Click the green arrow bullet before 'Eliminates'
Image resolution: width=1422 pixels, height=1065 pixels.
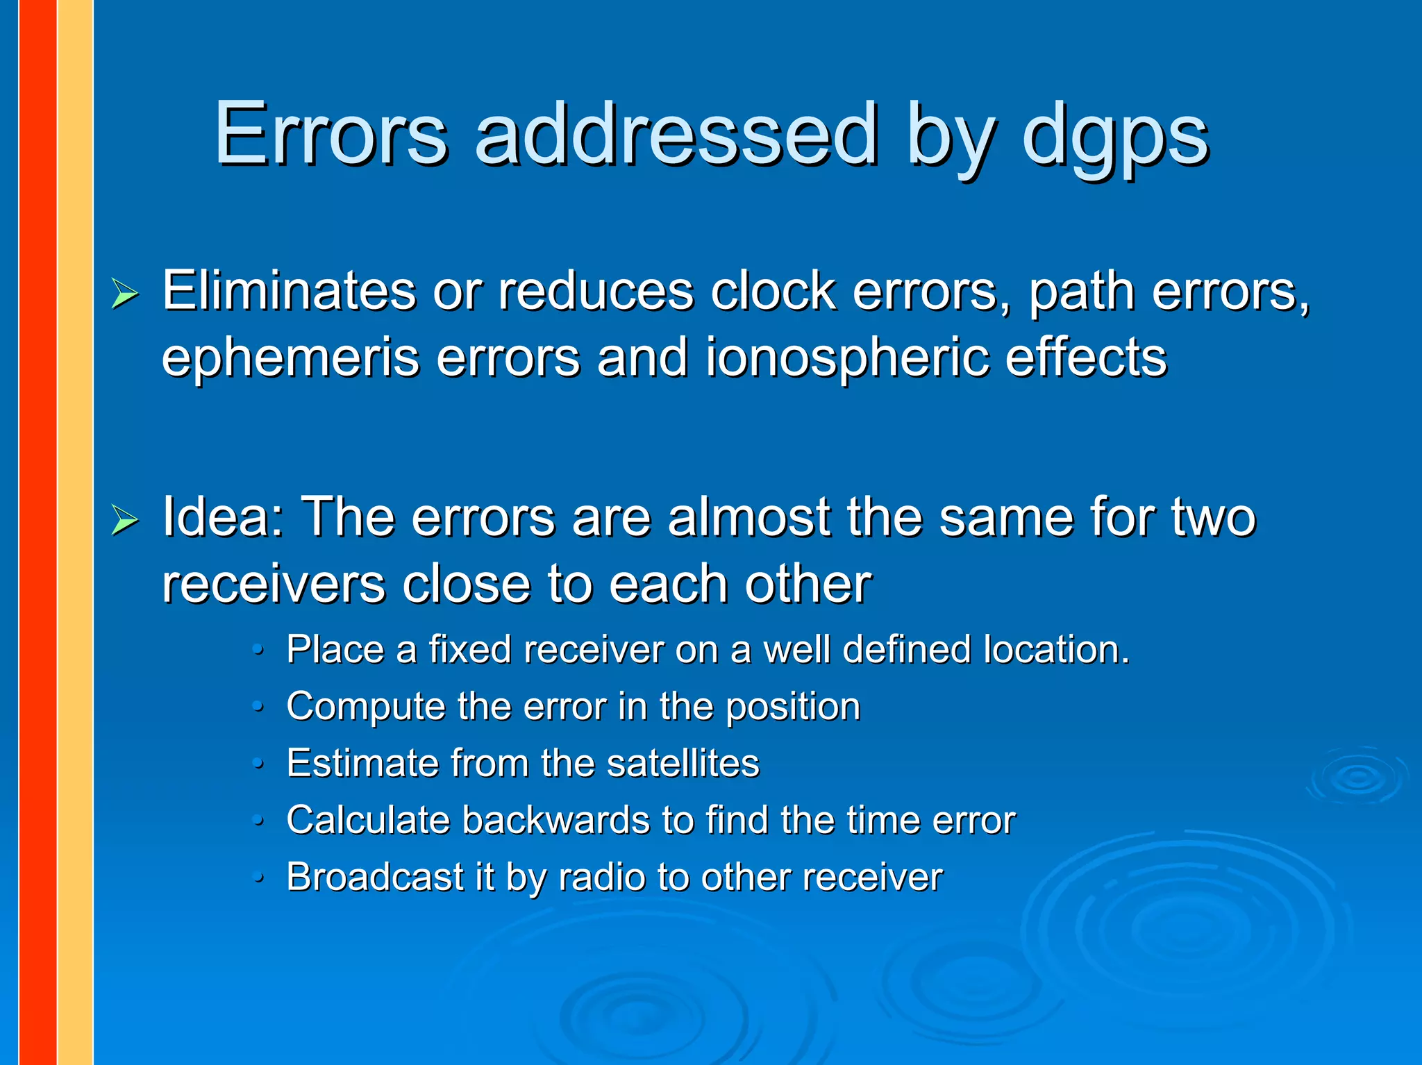click(x=125, y=294)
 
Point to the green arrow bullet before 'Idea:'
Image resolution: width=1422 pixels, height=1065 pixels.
click(x=125, y=520)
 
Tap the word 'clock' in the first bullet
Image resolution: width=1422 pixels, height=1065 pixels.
click(x=773, y=291)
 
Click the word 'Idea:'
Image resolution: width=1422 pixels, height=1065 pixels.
click(x=223, y=517)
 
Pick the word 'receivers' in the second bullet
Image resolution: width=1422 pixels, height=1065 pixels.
click(x=273, y=584)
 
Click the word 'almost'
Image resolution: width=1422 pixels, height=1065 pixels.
click(x=748, y=517)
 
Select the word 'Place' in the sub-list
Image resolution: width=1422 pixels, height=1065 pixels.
click(x=335, y=650)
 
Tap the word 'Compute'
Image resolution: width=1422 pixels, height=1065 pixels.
click(x=365, y=707)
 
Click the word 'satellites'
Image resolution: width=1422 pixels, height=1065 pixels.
click(x=683, y=763)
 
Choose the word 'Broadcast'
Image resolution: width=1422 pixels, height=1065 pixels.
click(x=375, y=877)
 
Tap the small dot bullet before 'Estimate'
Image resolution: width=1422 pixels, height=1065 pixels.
click(x=258, y=764)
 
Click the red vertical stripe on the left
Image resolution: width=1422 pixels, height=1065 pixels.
click(x=37, y=532)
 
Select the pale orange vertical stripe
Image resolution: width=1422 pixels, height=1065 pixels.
click(x=75, y=532)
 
